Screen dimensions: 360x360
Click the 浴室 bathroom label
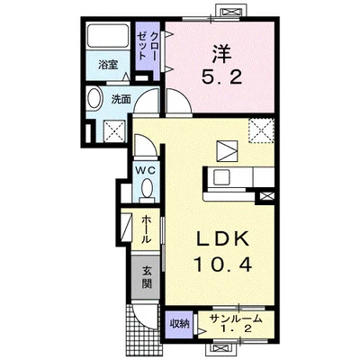coord(108,65)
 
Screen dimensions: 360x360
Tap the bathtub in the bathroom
coord(108,36)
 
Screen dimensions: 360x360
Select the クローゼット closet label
coord(147,46)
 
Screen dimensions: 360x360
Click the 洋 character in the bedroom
coord(221,55)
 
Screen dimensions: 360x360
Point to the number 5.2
coord(221,78)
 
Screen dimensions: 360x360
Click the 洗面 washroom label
coord(121,99)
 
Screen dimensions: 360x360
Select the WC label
coord(145,171)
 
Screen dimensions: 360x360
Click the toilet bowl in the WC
coord(147,189)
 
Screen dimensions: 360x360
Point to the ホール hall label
coord(146,229)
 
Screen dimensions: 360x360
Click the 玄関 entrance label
coord(147,277)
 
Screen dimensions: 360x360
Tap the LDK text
coord(222,239)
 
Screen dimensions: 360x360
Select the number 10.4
coord(222,264)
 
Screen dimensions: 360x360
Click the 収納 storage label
coord(180,324)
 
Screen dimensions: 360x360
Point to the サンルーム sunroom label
coord(236,319)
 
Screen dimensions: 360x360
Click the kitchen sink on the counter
coord(221,178)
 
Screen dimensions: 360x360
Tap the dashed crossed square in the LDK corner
coord(261,130)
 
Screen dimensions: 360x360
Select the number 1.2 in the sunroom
coord(236,329)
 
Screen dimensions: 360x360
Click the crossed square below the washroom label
coord(114,131)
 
